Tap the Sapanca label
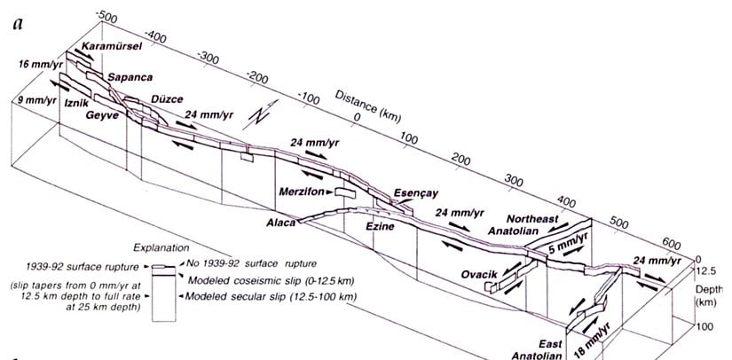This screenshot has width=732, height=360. click(127, 77)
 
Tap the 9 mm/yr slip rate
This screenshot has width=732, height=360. click(28, 99)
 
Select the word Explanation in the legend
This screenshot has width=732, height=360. click(158, 249)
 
